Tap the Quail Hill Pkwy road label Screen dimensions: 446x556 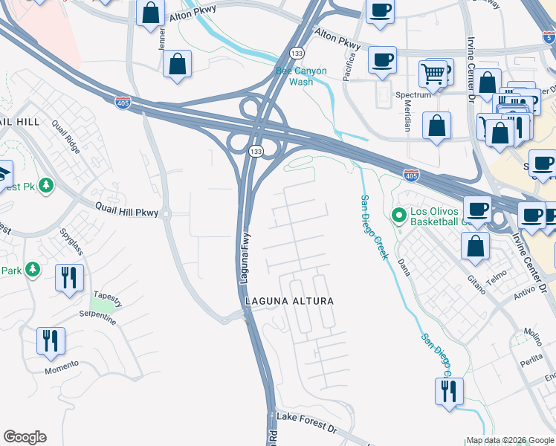click(126, 211)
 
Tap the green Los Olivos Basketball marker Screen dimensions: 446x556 click(399, 216)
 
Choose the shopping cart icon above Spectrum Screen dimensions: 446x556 click(433, 74)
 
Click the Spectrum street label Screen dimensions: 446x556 click(413, 95)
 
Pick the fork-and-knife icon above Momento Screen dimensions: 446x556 click(51, 341)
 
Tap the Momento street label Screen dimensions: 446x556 click(61, 366)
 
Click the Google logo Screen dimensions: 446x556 click(25, 437)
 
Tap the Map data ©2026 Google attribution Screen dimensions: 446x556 click(509, 440)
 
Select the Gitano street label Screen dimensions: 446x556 click(476, 282)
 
